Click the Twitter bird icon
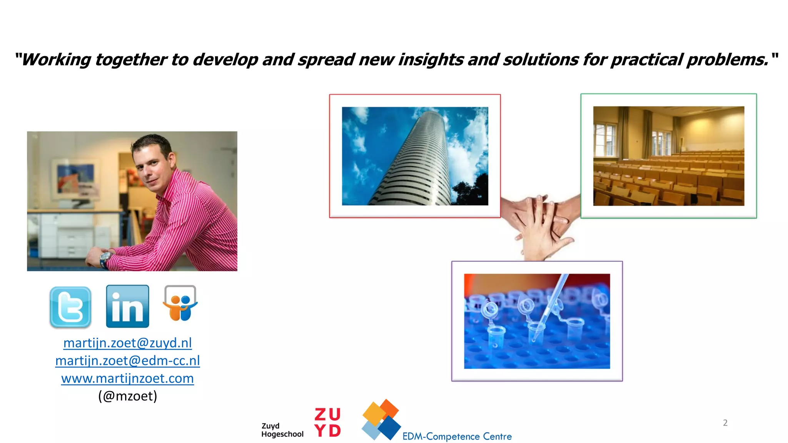click(70, 307)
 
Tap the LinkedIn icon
click(127, 306)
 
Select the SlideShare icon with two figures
click(180, 304)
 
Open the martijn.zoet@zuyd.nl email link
click(127, 343)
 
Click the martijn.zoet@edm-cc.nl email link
click(127, 361)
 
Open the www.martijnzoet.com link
click(127, 378)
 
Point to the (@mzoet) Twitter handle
click(127, 396)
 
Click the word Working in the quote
click(56, 60)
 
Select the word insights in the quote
click(431, 60)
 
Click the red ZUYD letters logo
click(327, 422)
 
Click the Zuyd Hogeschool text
click(282, 430)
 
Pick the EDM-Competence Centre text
click(457, 436)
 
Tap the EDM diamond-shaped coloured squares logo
click(381, 420)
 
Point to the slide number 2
click(725, 423)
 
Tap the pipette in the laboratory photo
click(550, 308)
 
